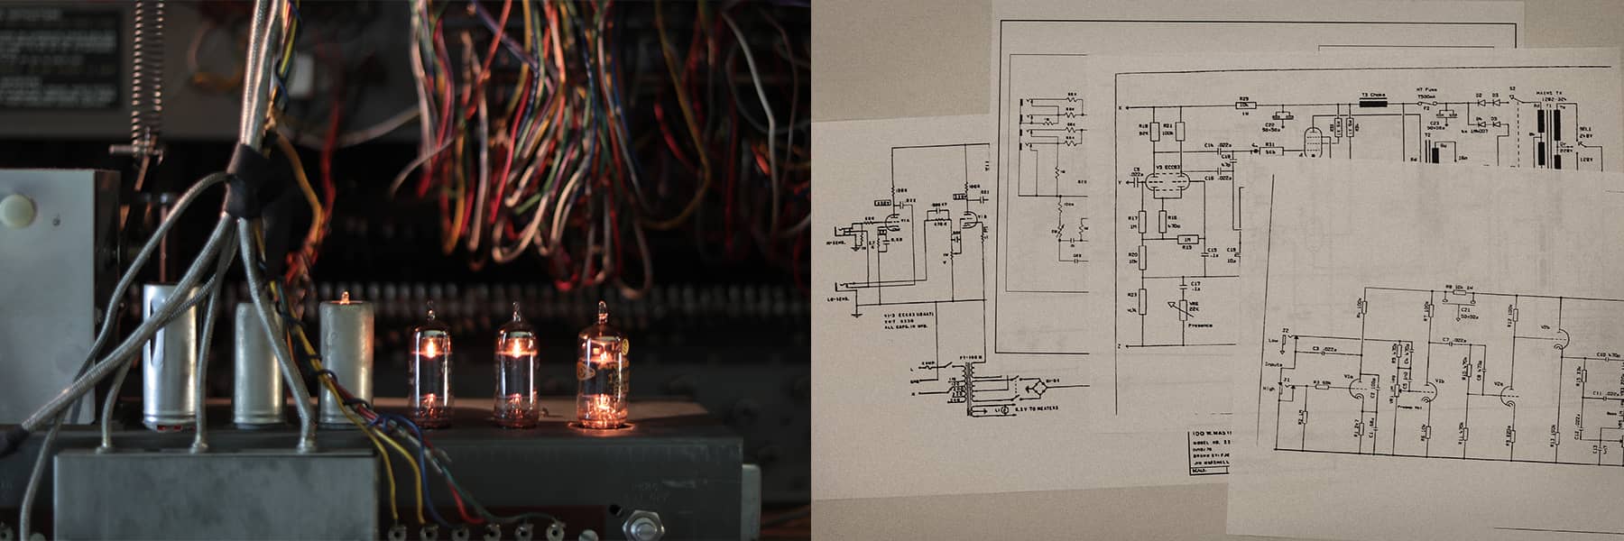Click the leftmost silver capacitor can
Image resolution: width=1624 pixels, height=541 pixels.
point(169,355)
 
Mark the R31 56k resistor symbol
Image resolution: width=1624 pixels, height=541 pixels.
point(1269,152)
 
